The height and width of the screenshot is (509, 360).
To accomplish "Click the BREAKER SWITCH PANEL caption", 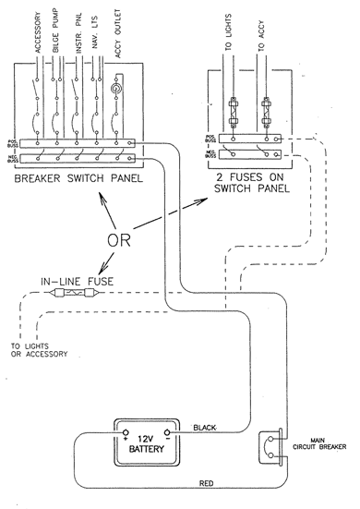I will tap(78, 173).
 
